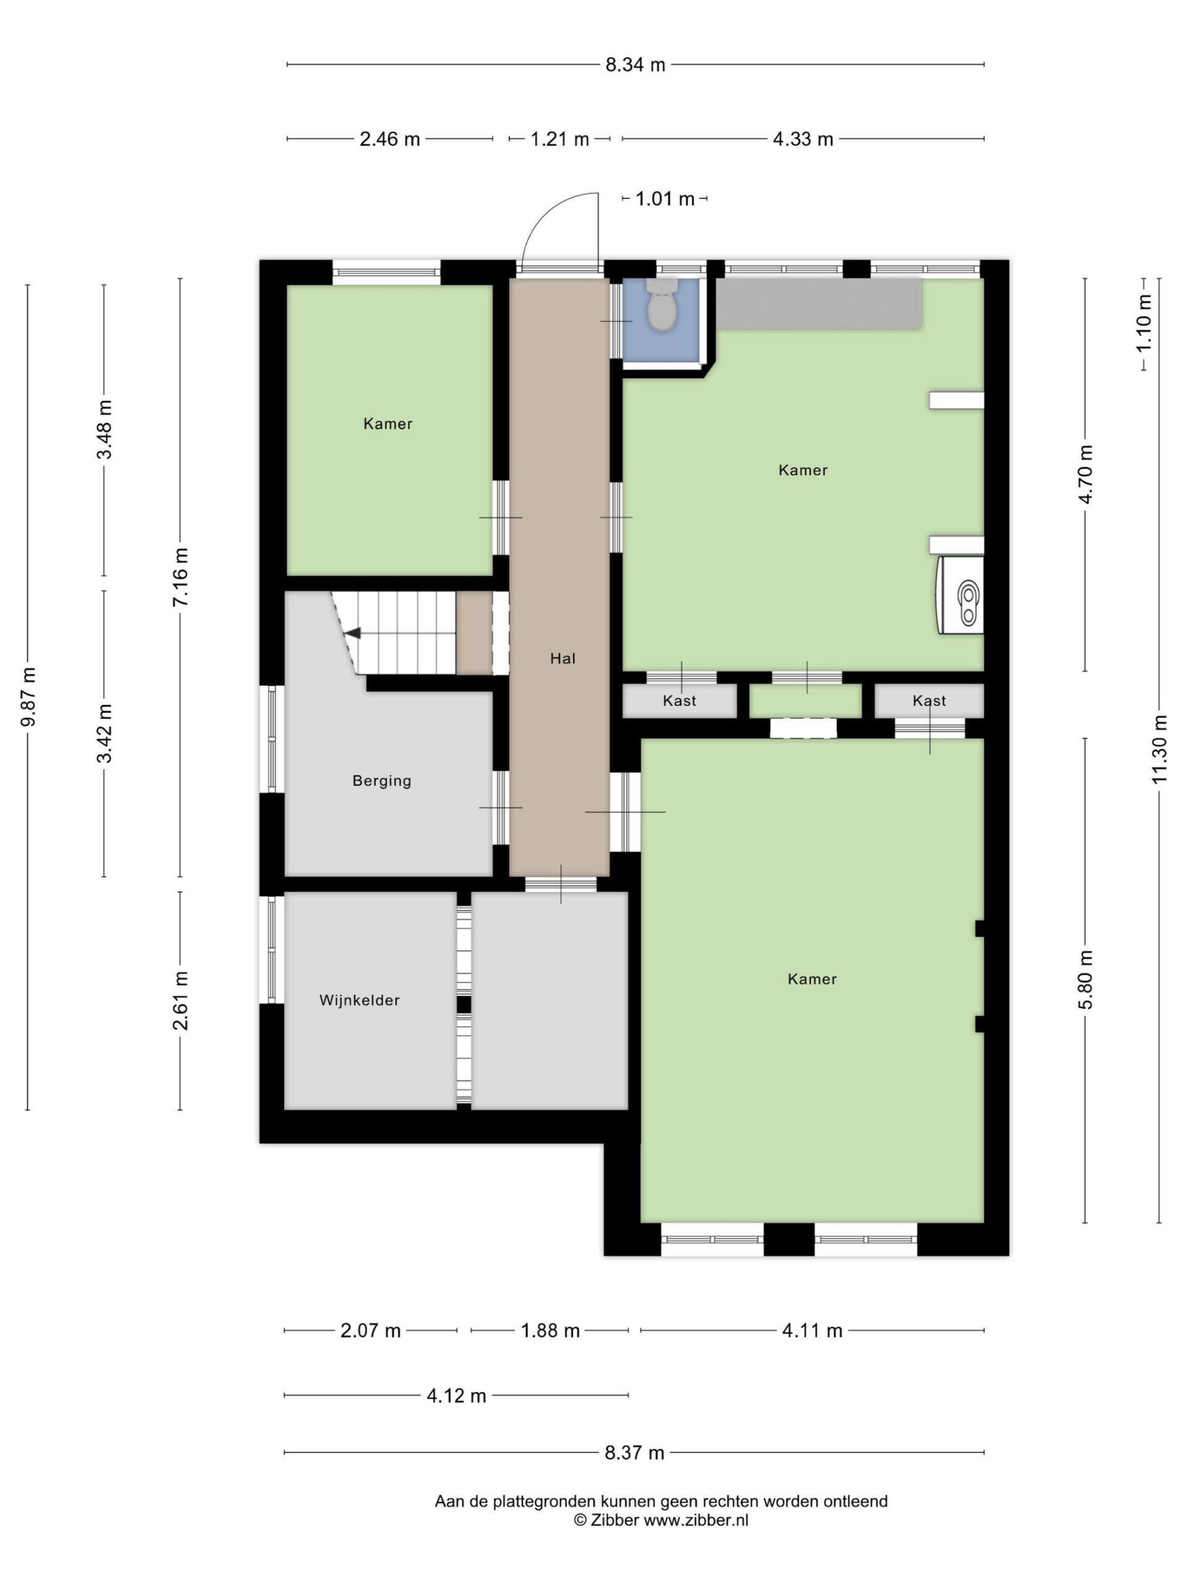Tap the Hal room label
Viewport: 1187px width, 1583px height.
(563, 659)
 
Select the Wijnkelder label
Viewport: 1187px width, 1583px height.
(359, 1000)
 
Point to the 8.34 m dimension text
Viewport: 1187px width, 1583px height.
(636, 65)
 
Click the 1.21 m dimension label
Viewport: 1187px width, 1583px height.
(559, 139)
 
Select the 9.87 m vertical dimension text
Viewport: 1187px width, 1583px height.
(28, 697)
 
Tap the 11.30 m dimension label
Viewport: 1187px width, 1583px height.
(1159, 749)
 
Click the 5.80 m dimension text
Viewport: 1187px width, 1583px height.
(1086, 979)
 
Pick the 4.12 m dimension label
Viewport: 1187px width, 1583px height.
(456, 1396)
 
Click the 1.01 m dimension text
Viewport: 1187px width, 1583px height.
(665, 199)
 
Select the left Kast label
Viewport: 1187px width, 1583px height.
(679, 701)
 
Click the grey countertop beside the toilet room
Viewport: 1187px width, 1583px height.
(819, 304)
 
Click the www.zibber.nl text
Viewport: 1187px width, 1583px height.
(696, 1520)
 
